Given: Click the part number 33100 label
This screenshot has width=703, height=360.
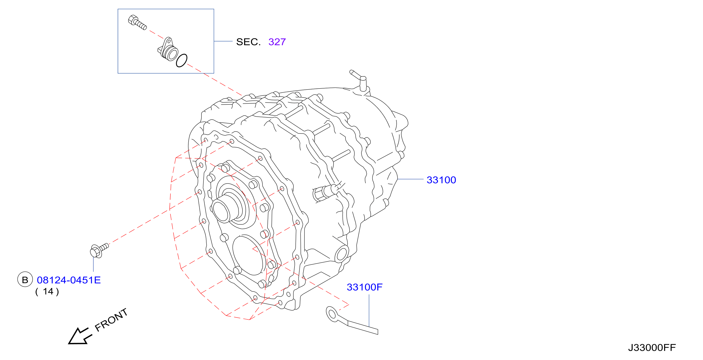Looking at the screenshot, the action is coord(441,180).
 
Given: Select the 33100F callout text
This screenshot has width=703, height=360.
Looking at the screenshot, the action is coord(364,287).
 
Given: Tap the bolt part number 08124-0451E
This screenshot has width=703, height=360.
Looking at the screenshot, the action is coord(69,280).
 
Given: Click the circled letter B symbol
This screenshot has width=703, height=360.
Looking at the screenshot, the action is coord(25,279).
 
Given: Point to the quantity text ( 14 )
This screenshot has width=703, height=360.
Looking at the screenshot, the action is coord(47,292).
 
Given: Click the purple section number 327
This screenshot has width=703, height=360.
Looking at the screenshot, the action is coord(277,42).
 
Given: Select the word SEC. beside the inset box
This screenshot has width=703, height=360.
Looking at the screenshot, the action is coord(248,42).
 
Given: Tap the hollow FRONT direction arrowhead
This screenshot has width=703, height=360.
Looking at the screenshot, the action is coord(78,336).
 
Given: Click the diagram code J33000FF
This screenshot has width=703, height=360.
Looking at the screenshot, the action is coord(652,347).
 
